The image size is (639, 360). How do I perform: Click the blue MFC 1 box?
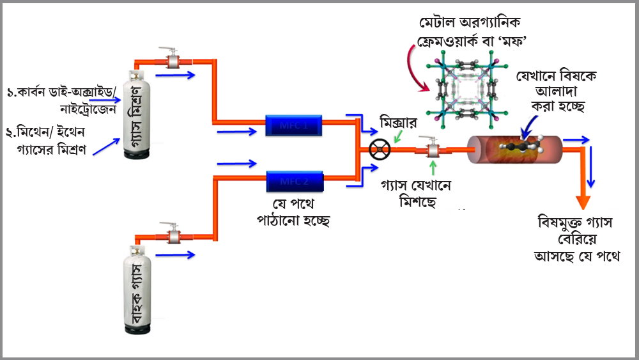(293, 126)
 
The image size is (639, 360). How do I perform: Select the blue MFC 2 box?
(293, 180)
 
